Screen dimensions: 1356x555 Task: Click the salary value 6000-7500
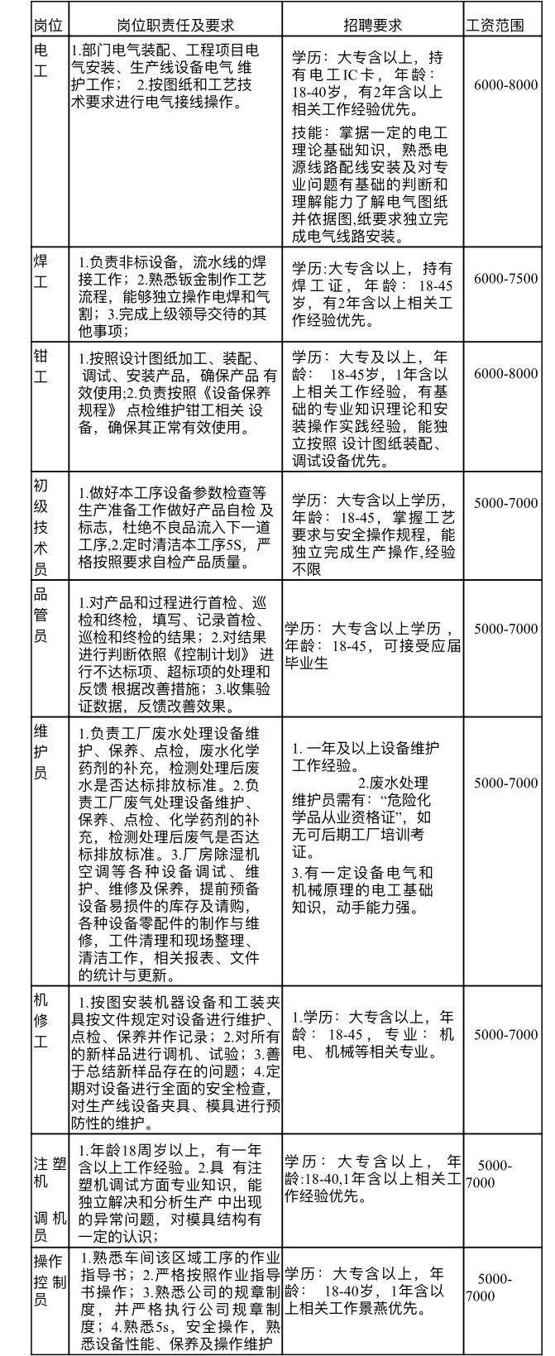[505, 279]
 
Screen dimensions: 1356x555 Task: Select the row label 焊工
[41, 271]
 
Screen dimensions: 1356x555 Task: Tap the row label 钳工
[41, 366]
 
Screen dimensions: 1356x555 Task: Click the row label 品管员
[41, 614]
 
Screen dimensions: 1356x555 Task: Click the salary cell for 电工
[505, 85]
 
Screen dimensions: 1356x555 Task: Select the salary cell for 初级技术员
[505, 502]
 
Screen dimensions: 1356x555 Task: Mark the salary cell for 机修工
[505, 1034]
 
